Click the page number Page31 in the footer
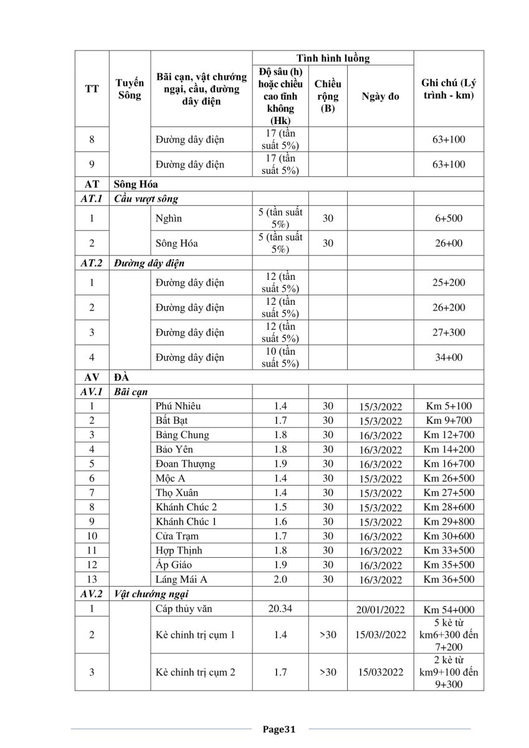coord(278,729)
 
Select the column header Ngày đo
coord(380,97)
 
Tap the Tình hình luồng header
coord(333,59)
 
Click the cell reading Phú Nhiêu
coord(178,406)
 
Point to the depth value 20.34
coord(280,608)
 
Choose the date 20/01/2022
coord(380,609)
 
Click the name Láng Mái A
coord(181,579)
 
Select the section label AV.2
coord(92,594)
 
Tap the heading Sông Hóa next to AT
coord(135,185)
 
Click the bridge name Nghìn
coord(169,219)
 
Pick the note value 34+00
coord(449,358)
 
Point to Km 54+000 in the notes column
coord(449,609)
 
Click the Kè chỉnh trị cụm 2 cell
coord(196,672)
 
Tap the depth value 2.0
coord(280,579)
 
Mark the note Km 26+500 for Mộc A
coord(449,479)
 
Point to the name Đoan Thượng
coord(186,464)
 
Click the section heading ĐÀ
coord(122,378)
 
